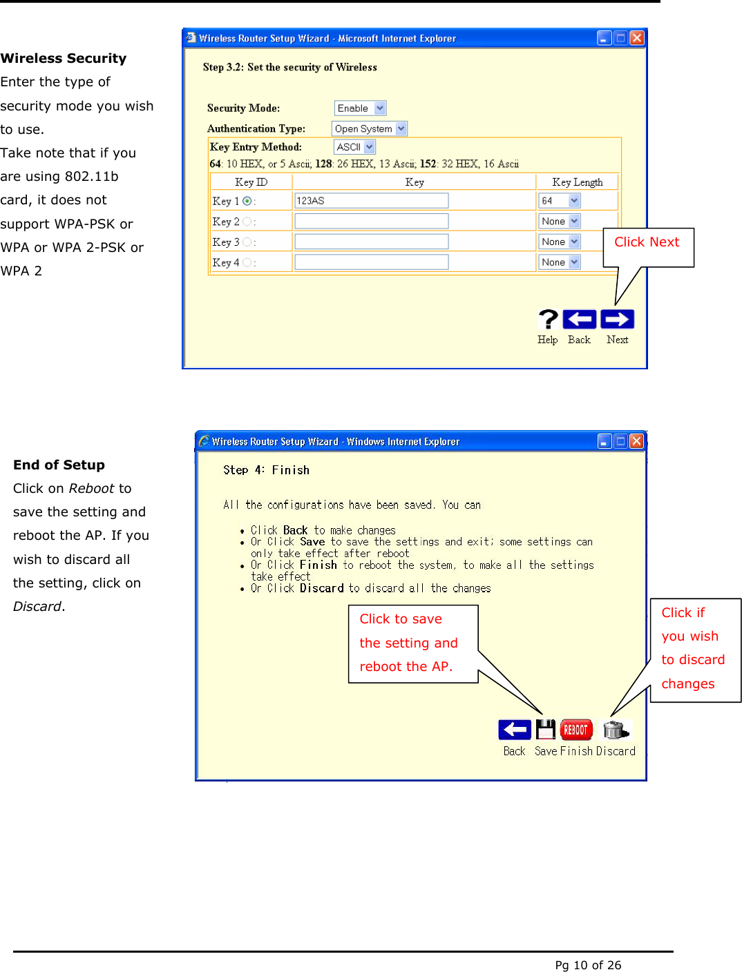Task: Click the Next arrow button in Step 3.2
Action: pos(617,320)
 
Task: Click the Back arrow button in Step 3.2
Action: pos(579,320)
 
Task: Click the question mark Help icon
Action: pos(548,320)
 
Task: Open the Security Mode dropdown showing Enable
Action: pos(360,108)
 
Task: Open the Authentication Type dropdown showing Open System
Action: pos(370,129)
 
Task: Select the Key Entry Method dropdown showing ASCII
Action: pos(354,147)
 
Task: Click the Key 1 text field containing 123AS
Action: pos(371,201)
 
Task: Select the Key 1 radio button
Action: pos(247,201)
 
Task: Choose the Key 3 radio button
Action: pos(247,242)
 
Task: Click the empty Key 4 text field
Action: pos(371,262)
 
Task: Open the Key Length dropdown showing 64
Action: pos(559,201)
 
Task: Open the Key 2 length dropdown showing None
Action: pos(559,222)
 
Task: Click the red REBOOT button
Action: pos(576,730)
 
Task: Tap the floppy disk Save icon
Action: pos(546,730)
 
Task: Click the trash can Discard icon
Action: pos(615,730)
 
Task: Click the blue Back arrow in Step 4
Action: pos(515,730)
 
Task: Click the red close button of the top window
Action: pos(637,38)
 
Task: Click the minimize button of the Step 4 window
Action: pos(605,441)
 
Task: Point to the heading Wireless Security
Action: pos(64,59)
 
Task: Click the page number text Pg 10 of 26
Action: pos(588,965)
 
